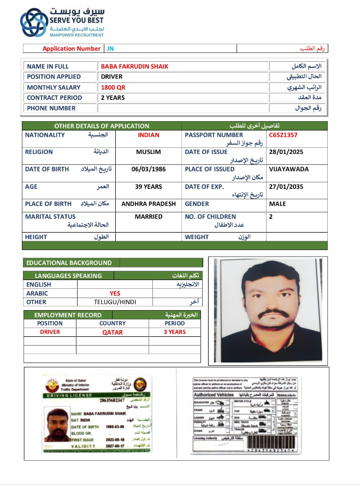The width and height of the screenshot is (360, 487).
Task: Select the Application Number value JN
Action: (x=110, y=49)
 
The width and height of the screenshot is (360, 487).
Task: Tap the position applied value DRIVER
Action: (x=111, y=77)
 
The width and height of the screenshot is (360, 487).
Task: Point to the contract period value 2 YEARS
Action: (x=113, y=98)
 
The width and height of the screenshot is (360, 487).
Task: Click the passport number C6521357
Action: (x=283, y=135)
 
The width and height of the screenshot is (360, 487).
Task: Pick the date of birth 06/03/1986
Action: (x=149, y=169)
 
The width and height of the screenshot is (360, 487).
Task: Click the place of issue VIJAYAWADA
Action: (x=288, y=169)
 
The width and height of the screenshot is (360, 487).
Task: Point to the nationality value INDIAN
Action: (x=149, y=135)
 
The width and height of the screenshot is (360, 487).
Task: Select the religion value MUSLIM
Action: (x=149, y=152)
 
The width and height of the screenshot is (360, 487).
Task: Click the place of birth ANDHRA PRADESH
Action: (x=149, y=204)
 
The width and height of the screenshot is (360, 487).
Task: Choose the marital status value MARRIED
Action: (x=149, y=217)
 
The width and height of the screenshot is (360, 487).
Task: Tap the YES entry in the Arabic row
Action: (x=115, y=293)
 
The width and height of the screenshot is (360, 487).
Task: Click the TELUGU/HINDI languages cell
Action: (x=115, y=302)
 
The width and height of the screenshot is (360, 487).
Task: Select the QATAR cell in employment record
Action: (x=113, y=332)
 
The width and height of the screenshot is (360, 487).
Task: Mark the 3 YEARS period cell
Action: (x=175, y=332)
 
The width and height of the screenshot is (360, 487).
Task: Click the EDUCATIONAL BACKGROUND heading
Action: (x=69, y=263)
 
